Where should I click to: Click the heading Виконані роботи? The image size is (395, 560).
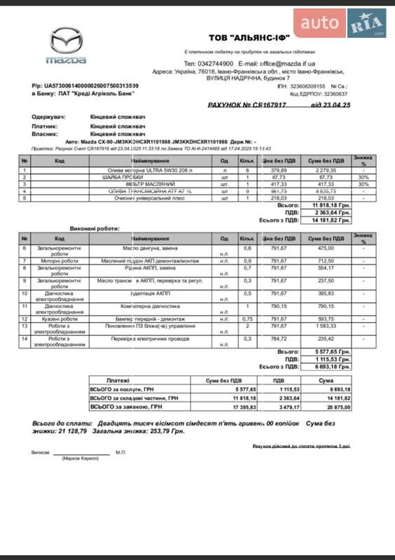pos(95,229)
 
